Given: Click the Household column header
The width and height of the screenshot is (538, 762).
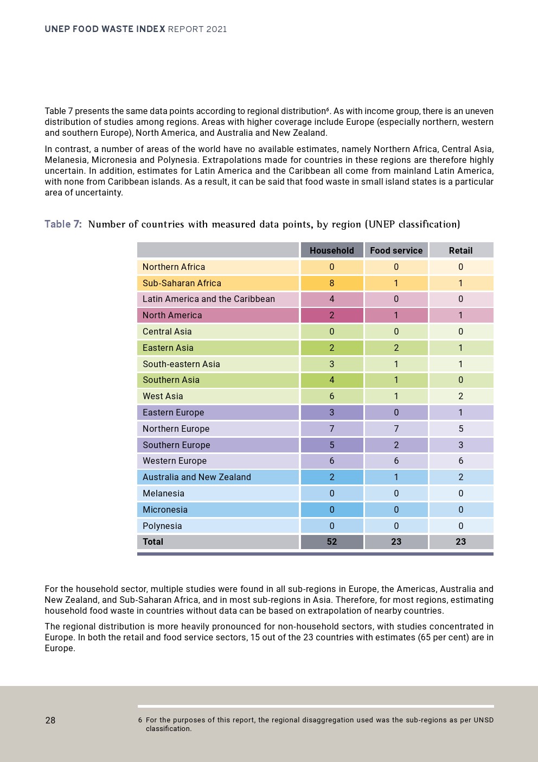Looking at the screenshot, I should [x=331, y=250].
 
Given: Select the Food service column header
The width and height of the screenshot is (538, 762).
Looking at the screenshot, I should [x=396, y=250].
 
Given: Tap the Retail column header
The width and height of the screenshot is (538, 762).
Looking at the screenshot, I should [x=460, y=250].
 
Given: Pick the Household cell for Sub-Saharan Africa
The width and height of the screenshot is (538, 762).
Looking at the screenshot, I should [x=331, y=283].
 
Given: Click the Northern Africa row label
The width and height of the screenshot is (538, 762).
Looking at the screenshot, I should [x=174, y=267].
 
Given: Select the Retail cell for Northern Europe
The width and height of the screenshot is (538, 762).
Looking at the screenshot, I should [x=460, y=429].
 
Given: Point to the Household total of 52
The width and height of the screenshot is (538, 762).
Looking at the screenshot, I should [x=331, y=541].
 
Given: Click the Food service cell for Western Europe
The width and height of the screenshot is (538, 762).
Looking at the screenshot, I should [x=396, y=461].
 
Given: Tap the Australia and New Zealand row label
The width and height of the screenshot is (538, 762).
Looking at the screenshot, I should [x=196, y=477].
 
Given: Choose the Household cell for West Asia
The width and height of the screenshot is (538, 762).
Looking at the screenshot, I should [x=331, y=396].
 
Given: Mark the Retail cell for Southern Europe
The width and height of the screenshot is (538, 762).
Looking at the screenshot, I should [x=460, y=445].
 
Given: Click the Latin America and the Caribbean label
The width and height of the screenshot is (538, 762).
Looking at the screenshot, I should [x=208, y=299].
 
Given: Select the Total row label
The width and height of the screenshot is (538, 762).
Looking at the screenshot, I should [x=153, y=541].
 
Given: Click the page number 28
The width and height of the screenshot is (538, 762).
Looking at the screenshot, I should [x=50, y=720].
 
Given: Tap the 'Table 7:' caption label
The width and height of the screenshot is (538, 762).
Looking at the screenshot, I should [x=63, y=224].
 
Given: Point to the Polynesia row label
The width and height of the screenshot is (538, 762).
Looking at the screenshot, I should [x=162, y=526].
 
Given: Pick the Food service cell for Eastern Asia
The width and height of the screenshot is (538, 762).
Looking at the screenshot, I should [x=396, y=348].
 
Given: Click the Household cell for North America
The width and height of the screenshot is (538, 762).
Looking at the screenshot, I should [x=331, y=315].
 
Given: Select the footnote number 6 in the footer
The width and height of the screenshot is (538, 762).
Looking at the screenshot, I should [x=140, y=720].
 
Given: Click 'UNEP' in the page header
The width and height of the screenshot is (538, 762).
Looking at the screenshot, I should [x=57, y=29].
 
